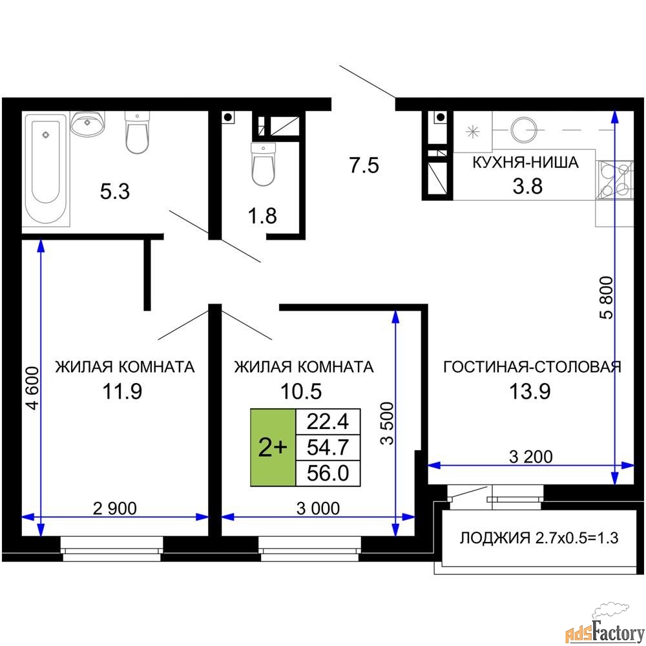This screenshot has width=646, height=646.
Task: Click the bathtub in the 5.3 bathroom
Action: (45, 168)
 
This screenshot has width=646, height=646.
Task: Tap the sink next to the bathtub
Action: (87, 123)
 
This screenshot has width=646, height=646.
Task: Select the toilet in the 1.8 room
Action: (263, 164)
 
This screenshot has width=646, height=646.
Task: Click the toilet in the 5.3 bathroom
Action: (137, 132)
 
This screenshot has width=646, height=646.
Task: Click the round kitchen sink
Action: (524, 130)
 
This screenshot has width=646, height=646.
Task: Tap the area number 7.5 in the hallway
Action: (364, 165)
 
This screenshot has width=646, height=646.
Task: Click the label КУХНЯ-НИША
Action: (525, 162)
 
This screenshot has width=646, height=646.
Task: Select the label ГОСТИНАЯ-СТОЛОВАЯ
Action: (532, 366)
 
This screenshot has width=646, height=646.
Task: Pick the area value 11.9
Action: (122, 391)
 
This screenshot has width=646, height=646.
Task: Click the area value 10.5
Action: (301, 391)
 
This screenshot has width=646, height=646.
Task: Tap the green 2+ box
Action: (273, 448)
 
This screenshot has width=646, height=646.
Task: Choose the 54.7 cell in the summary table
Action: (328, 448)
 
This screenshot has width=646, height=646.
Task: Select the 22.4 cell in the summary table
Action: (328, 421)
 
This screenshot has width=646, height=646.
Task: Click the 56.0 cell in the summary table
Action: (328, 474)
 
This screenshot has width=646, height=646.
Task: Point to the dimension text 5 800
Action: (607, 297)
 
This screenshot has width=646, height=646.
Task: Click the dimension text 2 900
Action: (114, 508)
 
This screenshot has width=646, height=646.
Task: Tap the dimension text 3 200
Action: (530, 457)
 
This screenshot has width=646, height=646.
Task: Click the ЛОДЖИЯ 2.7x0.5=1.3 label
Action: (539, 537)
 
